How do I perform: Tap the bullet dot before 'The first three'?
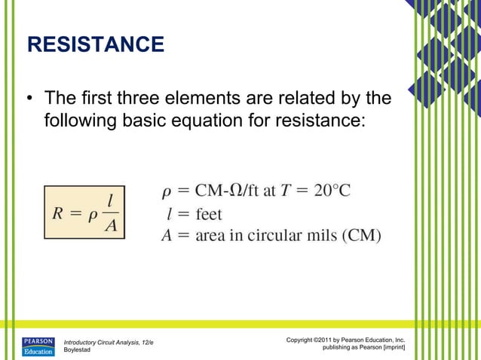pyautogui.click(x=30, y=99)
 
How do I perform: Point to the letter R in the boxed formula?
pyautogui.click(x=58, y=212)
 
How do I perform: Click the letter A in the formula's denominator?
pyautogui.click(x=110, y=225)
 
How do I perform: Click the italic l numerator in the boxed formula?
pyautogui.click(x=110, y=200)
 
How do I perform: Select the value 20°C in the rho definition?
pyautogui.click(x=332, y=191)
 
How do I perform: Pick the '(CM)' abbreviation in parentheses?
pyautogui.click(x=362, y=235)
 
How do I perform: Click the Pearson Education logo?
pyautogui.click(x=38, y=346)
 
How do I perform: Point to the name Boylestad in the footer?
pyautogui.click(x=78, y=350)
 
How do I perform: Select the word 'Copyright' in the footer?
pyautogui.click(x=303, y=341)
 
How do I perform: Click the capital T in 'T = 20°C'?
pyautogui.click(x=287, y=191)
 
